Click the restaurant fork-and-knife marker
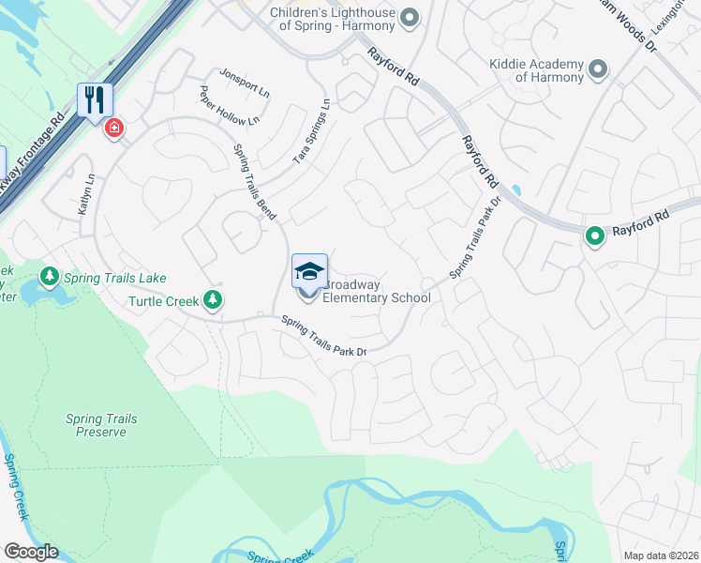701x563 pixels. pyautogui.click(x=95, y=99)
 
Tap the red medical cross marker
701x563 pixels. pyautogui.click(x=114, y=128)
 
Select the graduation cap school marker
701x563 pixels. pyautogui.click(x=309, y=270)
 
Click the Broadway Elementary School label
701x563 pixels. pyautogui.click(x=376, y=291)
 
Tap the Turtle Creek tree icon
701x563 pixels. pyautogui.click(x=214, y=300)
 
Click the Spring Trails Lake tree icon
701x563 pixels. pyautogui.click(x=49, y=278)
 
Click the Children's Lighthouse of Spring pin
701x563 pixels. pyautogui.click(x=408, y=18)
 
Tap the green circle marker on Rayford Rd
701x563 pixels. pyautogui.click(x=594, y=236)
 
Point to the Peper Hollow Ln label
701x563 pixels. pyautogui.click(x=228, y=106)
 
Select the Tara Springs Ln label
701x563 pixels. pyautogui.click(x=312, y=132)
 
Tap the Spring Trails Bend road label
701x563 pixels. pyautogui.click(x=253, y=183)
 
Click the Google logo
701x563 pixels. pyautogui.click(x=31, y=552)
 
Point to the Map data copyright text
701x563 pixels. pyautogui.click(x=661, y=555)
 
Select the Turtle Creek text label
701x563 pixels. pyautogui.click(x=164, y=301)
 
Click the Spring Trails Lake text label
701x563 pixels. pyautogui.click(x=114, y=278)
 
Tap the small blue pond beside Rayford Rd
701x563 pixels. pyautogui.click(x=515, y=190)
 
